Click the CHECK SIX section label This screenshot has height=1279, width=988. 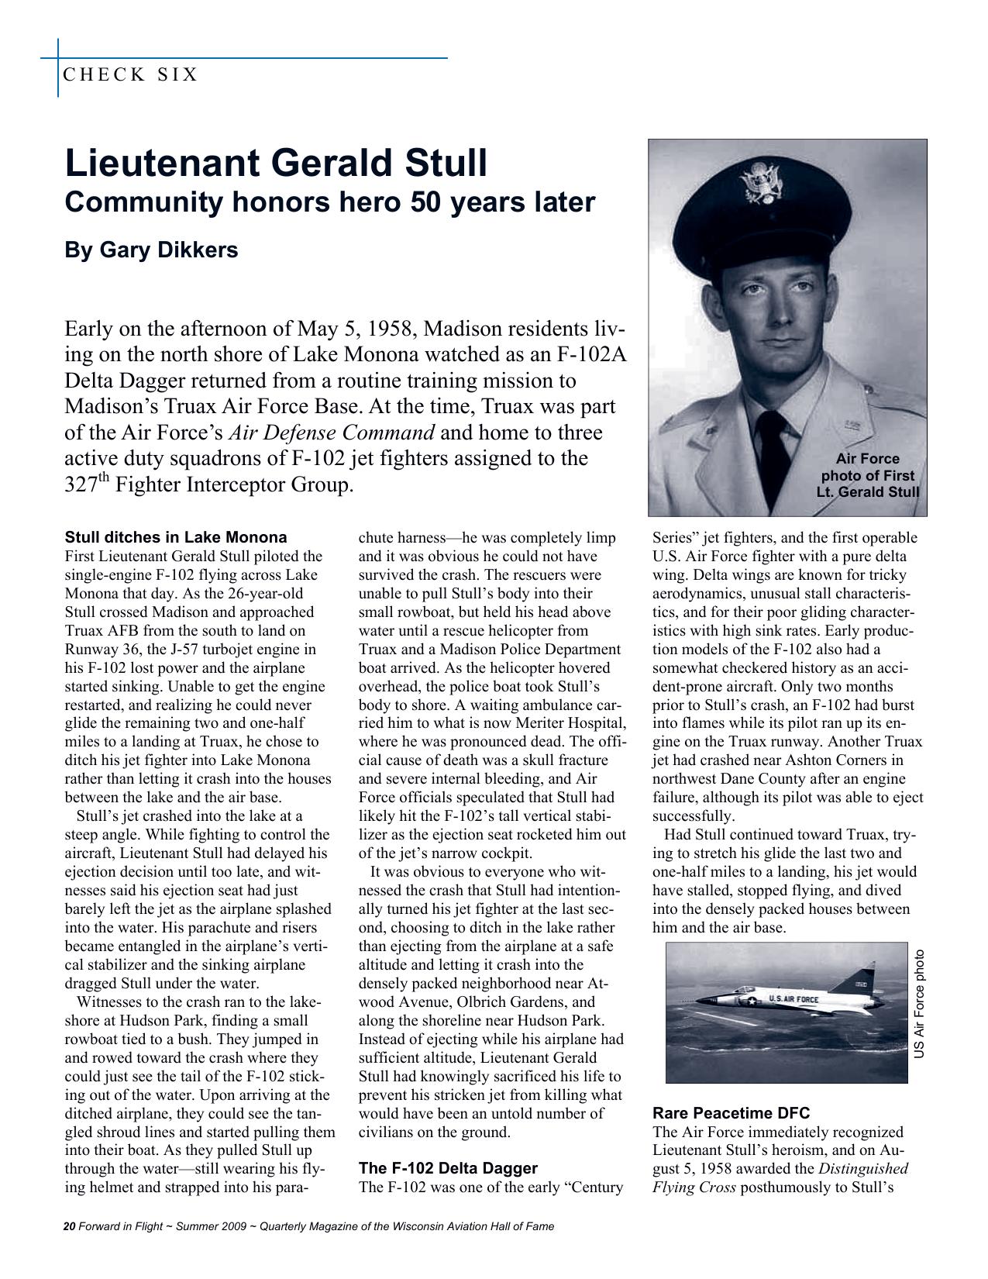pos(130,75)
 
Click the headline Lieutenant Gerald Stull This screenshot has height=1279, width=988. pos(276,164)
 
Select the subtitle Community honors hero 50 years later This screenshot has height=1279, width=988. pos(330,202)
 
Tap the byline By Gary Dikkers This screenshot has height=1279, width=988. pos(151,250)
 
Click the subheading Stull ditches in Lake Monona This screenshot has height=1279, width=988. pos(176,537)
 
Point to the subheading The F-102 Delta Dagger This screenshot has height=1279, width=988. pos(448,1168)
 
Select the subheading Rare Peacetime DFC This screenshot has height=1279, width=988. pos(731,1113)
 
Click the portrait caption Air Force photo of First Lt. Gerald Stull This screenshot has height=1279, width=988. pos(867,475)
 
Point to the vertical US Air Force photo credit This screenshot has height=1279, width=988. pos(919,1004)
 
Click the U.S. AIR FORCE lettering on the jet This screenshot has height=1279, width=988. pos(793,999)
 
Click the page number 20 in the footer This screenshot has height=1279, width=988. pos(68,1226)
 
